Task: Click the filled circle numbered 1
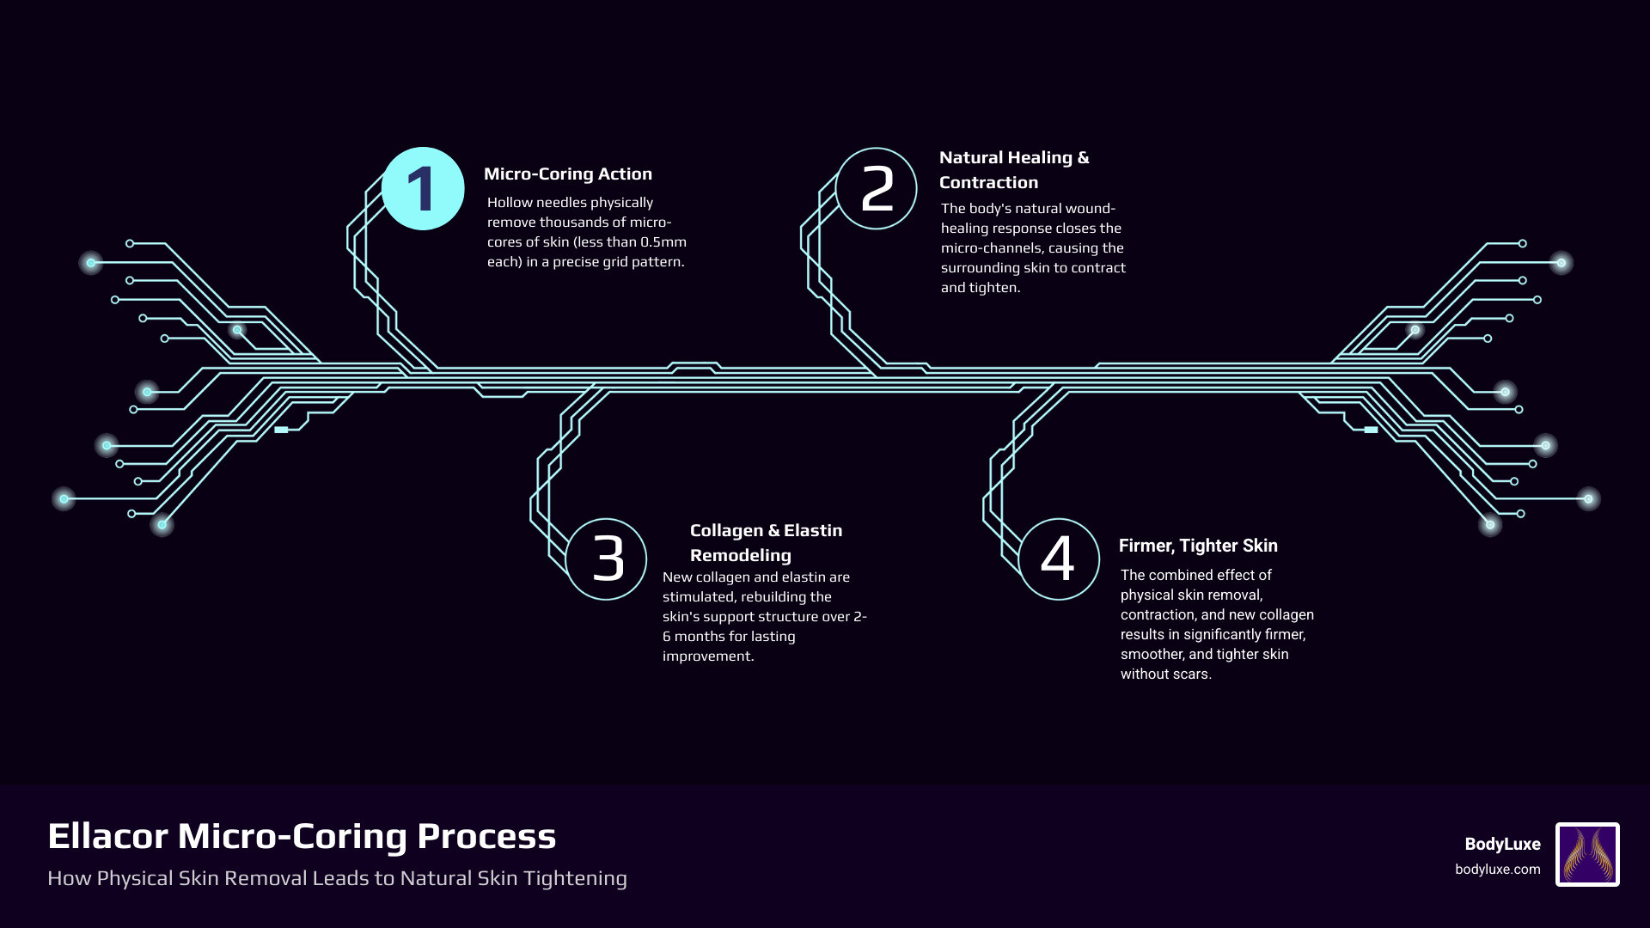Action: pos(423,189)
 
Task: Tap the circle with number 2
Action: pos(876,189)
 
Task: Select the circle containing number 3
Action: pos(607,559)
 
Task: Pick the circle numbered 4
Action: pos(1059,559)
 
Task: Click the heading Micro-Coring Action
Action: pos(567,174)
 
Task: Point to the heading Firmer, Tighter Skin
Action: pos(1198,546)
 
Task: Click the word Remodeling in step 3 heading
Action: pos(740,555)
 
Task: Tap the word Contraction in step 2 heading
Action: pos(988,182)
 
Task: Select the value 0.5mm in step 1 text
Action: pos(663,241)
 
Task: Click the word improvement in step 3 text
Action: pos(707,656)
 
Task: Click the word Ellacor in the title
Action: pos(107,836)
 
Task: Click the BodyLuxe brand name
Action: pos(1502,844)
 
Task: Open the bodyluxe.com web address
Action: pos(1497,869)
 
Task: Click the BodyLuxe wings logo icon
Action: pos(1587,854)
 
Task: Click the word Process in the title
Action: pos(486,836)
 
